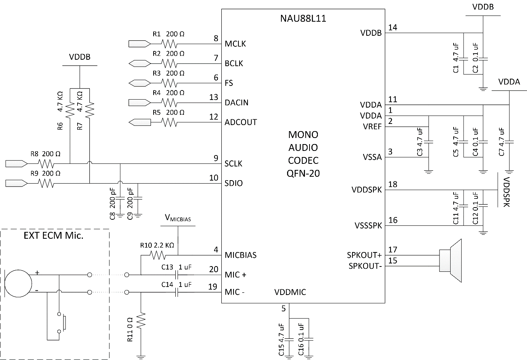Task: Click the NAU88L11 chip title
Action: (x=303, y=19)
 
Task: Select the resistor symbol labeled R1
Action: (x=169, y=44)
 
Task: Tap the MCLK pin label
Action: (x=235, y=44)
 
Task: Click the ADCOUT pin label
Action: (x=241, y=122)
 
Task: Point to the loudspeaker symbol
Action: (x=451, y=260)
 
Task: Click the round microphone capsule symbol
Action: (x=18, y=284)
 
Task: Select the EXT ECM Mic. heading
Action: (x=53, y=236)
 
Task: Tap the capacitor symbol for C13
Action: (x=177, y=274)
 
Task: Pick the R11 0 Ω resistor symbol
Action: (x=141, y=320)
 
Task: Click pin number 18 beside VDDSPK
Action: (x=393, y=184)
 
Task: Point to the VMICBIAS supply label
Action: (x=178, y=218)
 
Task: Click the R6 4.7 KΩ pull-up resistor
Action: (x=70, y=110)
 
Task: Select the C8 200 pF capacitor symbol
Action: (x=120, y=198)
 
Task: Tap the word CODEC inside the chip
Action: (x=303, y=160)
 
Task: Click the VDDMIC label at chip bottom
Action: (x=290, y=292)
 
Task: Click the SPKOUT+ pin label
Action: (x=364, y=255)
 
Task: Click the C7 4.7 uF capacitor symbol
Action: (x=510, y=142)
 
